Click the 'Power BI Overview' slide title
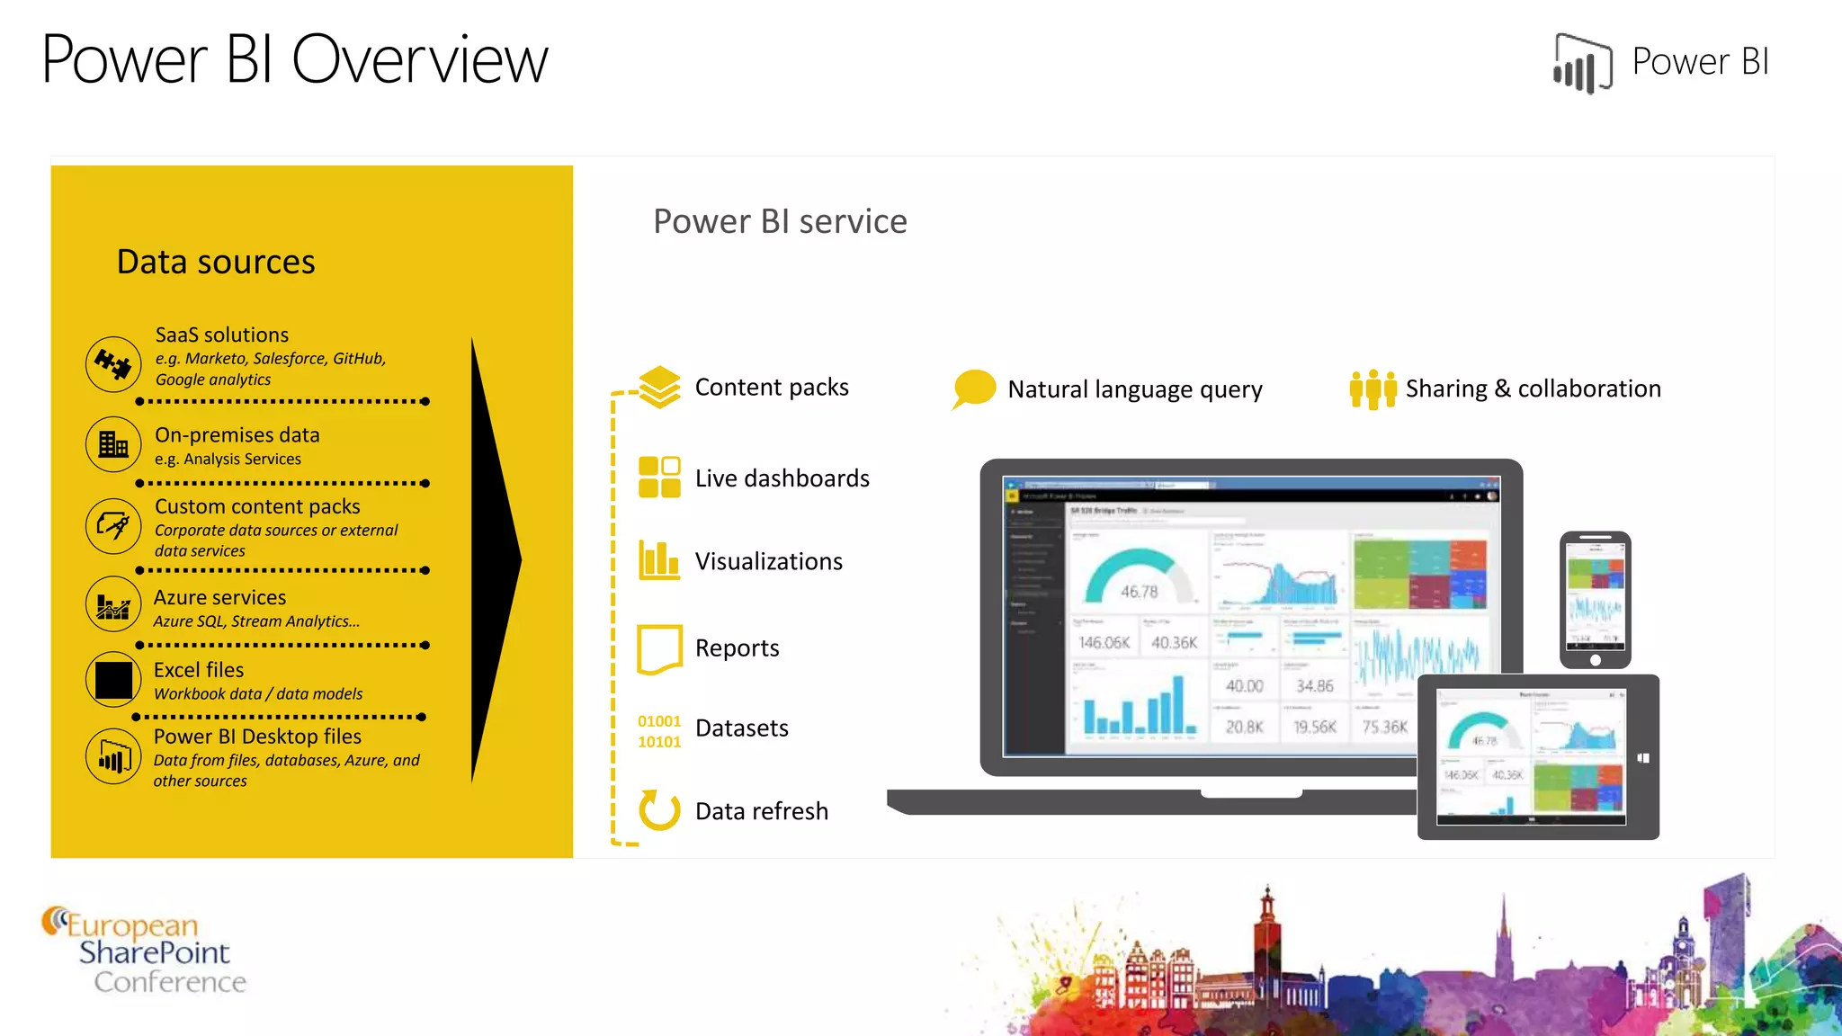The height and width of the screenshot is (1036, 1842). (x=294, y=59)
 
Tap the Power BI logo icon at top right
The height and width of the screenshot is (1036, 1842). (x=1582, y=63)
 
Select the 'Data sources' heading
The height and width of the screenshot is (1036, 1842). (x=216, y=262)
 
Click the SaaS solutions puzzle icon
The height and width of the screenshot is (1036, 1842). (x=113, y=364)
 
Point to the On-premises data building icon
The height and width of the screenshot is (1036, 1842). (x=113, y=443)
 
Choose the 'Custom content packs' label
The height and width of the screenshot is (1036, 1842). (x=257, y=506)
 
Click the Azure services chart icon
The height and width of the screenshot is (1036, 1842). (x=113, y=604)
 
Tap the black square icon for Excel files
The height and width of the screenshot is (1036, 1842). (x=113, y=680)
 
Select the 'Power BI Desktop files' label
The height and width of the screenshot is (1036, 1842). (x=257, y=737)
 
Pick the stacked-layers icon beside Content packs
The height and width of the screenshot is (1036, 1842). (x=660, y=387)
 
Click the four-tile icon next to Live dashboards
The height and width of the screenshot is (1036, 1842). (x=659, y=477)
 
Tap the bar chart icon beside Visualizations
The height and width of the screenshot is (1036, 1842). (x=659, y=559)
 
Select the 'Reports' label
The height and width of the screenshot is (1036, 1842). (x=737, y=647)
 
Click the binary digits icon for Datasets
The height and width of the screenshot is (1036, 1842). (x=659, y=731)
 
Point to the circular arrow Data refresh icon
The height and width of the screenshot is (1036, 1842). (x=659, y=809)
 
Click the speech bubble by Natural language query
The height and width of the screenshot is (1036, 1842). (x=973, y=388)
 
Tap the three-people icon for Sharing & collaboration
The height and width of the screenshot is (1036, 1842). (x=1373, y=389)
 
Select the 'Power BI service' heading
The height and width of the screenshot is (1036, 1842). (x=780, y=221)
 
